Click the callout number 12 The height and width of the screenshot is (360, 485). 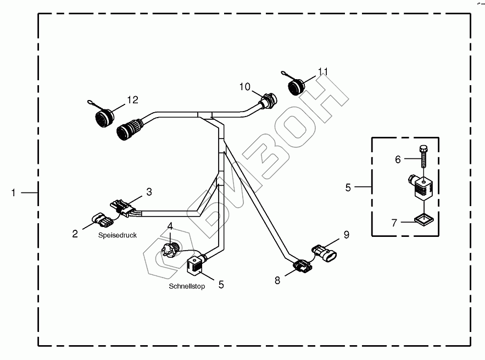[132, 99]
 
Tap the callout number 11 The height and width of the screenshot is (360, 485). [323, 71]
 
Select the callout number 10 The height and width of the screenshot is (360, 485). [244, 86]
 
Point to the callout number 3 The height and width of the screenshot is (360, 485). [148, 192]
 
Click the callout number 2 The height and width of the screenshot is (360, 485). [75, 234]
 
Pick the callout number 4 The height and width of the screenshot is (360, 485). [170, 226]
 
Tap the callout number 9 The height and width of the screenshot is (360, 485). [346, 234]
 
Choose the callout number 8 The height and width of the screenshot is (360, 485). [277, 280]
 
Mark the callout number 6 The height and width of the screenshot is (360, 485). [398, 159]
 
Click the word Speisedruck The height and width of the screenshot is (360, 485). [118, 235]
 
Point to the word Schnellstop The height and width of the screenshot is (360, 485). [187, 286]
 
